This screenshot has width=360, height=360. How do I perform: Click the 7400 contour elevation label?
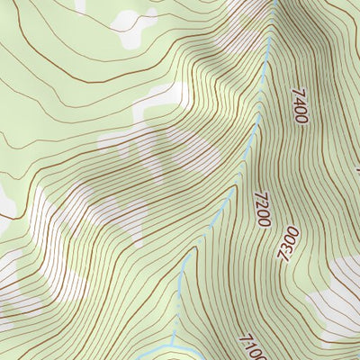coord(300,105)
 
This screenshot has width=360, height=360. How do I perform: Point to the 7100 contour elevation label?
coord(254,347)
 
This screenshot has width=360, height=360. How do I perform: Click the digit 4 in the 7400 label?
coord(301,101)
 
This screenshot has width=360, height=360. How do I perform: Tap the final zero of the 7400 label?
coord(298,119)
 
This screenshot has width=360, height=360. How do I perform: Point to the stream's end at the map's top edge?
coord(272,3)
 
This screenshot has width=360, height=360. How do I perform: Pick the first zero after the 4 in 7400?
coord(299,110)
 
